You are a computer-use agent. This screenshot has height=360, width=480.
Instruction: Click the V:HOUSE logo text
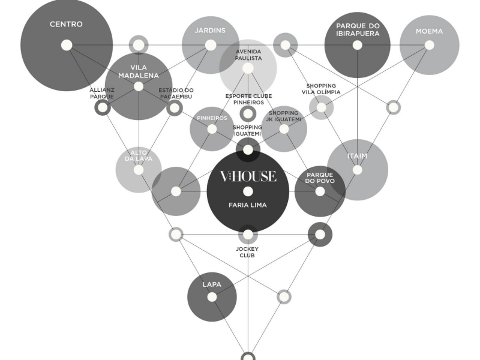coord(248,176)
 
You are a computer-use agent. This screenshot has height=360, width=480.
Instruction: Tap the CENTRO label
coord(66,24)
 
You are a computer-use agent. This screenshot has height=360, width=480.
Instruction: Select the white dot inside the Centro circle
coord(67,45)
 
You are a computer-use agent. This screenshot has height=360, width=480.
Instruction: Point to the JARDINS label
coord(210,31)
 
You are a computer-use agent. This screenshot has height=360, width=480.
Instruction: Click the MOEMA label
coord(429,31)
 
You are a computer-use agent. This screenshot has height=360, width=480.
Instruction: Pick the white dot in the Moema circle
coord(430,45)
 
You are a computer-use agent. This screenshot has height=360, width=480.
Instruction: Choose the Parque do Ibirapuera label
coord(358,29)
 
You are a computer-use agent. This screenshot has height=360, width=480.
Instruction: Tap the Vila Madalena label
coord(139,71)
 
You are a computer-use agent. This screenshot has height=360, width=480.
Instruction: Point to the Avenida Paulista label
coord(248,55)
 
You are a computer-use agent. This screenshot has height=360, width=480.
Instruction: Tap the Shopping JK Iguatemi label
coord(283,116)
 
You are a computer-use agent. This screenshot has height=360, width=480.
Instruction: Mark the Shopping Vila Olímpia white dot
coord(321,107)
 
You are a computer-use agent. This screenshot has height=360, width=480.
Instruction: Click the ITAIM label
coord(357,156)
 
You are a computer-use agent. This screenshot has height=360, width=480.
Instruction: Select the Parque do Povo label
coord(320,178)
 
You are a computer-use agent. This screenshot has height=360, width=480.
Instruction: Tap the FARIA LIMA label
coord(248,205)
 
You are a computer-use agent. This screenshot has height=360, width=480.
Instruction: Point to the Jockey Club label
coord(247,252)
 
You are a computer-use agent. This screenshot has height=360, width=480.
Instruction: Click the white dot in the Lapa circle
coord(212,297)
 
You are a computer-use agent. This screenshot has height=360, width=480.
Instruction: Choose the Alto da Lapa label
coord(139,155)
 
